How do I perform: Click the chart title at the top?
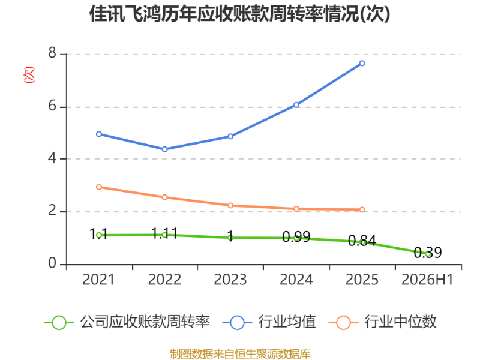239,14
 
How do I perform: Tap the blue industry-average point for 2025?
362,63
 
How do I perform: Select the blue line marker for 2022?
164,149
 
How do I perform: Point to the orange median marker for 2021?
99,187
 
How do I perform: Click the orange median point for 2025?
362,209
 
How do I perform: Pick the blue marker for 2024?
296,105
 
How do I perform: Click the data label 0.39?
428,253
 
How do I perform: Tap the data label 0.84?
362,241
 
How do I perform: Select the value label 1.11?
164,233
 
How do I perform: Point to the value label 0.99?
296,236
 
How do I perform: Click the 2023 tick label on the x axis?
230,280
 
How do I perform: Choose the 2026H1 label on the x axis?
427,280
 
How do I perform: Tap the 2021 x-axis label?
98,280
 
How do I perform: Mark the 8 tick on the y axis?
52,53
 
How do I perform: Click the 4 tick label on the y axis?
52,158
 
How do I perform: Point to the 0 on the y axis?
52,263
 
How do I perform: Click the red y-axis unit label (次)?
29,74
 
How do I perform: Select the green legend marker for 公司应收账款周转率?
59,323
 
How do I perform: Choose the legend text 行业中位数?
400,322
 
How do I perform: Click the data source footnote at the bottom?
240,354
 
